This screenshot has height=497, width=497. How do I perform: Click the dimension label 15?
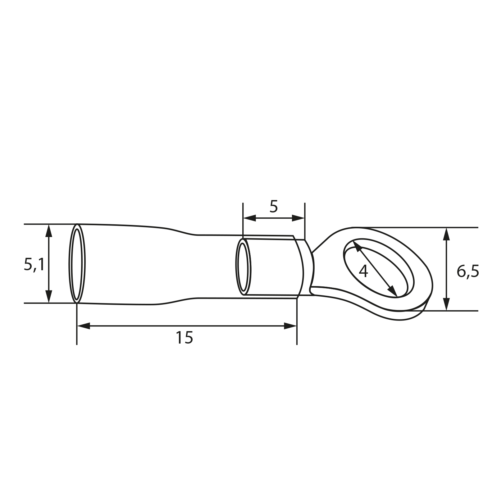pos(185,338)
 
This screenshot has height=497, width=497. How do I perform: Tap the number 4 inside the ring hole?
pos(363,271)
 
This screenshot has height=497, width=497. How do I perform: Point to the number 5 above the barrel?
pos(273,207)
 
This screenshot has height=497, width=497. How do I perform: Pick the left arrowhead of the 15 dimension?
pos(83,326)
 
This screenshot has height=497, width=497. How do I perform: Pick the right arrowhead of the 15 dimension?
pos(291,326)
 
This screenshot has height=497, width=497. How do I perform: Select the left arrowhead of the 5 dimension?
pos(249,218)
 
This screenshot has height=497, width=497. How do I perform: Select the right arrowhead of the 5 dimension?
pos(299,218)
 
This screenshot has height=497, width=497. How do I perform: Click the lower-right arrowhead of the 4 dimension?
pos(394,292)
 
